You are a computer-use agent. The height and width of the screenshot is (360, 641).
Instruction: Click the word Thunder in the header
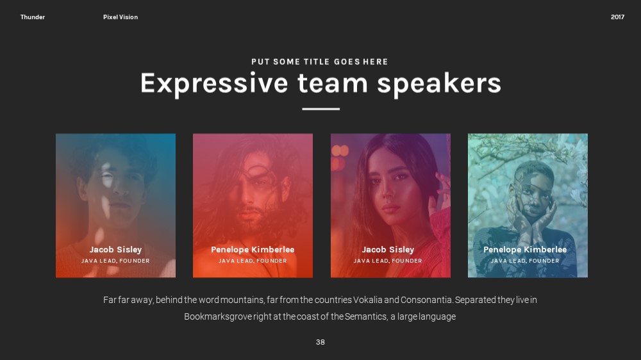tap(33, 17)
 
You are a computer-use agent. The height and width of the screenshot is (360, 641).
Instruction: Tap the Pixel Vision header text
tap(121, 17)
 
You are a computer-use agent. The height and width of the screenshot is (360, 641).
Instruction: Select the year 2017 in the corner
tap(617, 17)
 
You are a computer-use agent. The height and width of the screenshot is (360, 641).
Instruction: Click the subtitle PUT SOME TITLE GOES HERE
tap(320, 61)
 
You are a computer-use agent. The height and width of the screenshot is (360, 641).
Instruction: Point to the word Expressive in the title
tap(214, 84)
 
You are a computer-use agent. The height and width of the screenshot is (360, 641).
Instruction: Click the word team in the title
tap(333, 83)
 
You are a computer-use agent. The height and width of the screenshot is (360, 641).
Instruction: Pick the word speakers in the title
tap(439, 84)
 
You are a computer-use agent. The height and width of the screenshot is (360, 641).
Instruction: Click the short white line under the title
tap(321, 109)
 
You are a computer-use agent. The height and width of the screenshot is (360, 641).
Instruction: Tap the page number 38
tap(320, 342)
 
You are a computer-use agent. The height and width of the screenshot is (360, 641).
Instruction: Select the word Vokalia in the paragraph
tap(367, 300)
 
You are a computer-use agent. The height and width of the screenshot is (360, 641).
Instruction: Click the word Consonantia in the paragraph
tap(426, 300)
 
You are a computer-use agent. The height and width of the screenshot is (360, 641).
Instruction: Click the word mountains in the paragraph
tap(242, 300)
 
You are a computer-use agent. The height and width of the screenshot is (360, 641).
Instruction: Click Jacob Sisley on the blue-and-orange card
tap(115, 249)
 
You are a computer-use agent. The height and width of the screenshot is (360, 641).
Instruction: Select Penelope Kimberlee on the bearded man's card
tap(253, 249)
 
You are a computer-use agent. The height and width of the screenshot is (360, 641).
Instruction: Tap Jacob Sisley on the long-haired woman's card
tap(388, 249)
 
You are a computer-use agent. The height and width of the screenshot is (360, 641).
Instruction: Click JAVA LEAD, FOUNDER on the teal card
tap(525, 261)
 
